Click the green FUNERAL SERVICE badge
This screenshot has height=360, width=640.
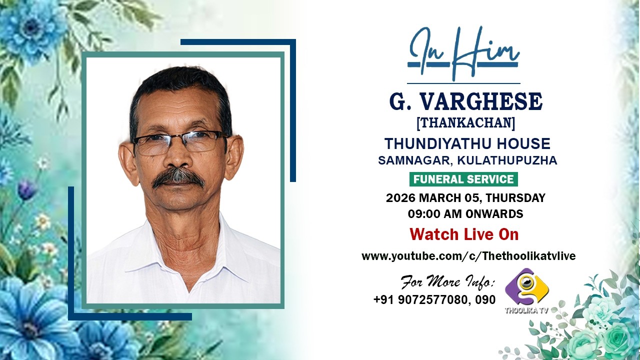(463, 179)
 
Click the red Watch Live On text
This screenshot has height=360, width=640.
(464, 234)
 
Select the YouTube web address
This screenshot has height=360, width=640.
(468, 256)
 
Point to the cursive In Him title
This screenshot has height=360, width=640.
(463, 54)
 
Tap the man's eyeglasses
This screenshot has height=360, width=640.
(180, 142)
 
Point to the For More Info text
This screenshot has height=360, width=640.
(447, 282)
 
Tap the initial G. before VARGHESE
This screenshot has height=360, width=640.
(397, 102)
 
